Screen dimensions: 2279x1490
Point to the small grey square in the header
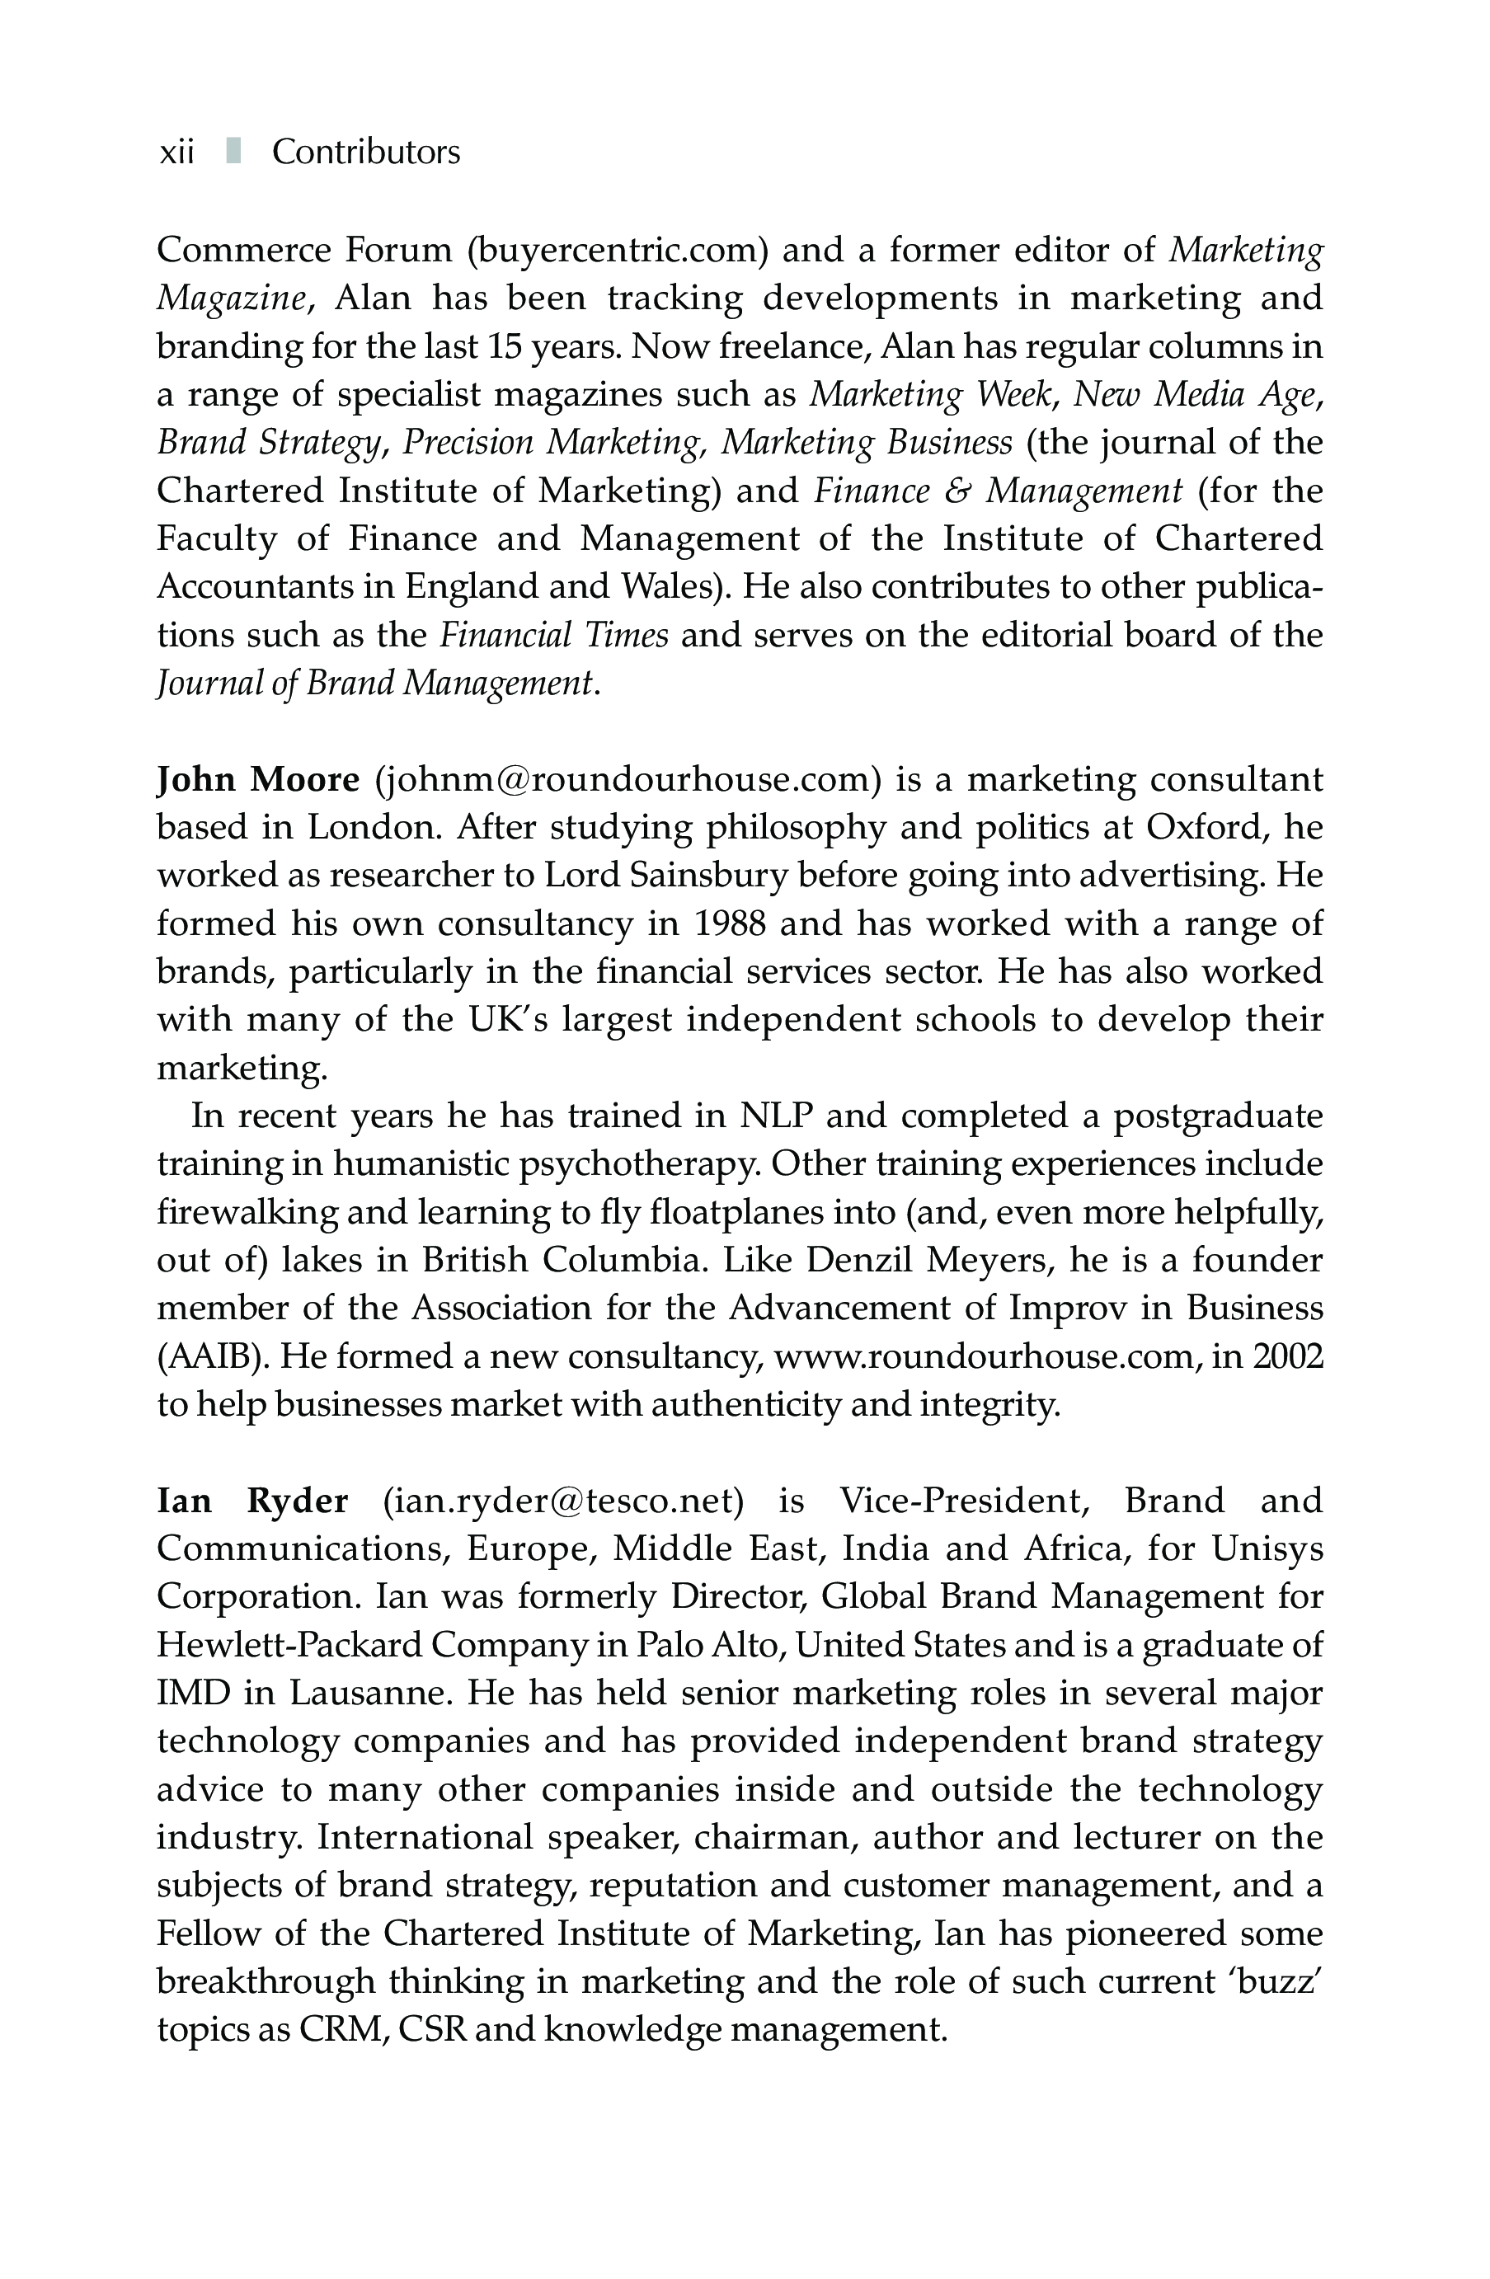pyautogui.click(x=233, y=151)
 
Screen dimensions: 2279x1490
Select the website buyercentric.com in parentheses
pyautogui.click(x=618, y=251)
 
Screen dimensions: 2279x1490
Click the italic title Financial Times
pyautogui.click(x=553, y=635)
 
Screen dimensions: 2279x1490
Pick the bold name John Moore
pyautogui.click(x=257, y=779)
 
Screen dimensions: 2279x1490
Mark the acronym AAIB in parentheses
pyautogui.click(x=212, y=1357)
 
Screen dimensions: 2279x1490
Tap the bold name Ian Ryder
pyautogui.click(x=251, y=1501)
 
